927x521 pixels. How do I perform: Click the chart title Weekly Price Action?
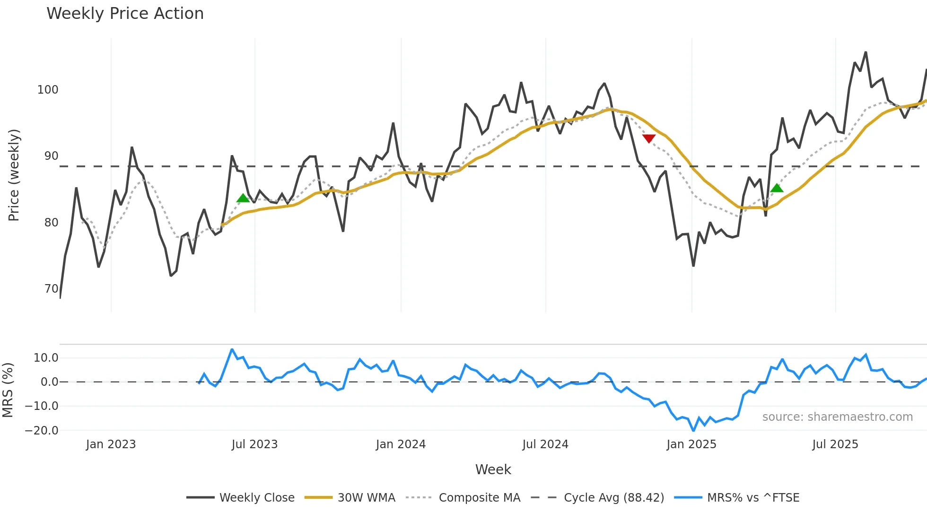point(125,14)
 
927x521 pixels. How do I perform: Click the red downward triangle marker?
point(649,138)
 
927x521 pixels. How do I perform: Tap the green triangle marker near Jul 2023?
point(243,198)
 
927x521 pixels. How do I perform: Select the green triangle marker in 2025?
point(777,188)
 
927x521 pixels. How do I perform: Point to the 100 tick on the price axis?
point(48,90)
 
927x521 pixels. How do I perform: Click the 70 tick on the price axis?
point(51,289)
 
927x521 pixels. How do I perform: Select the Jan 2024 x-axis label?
point(401,444)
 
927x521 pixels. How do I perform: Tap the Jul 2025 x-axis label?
point(835,444)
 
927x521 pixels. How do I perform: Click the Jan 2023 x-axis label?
point(111,444)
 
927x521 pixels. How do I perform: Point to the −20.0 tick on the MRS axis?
point(42,431)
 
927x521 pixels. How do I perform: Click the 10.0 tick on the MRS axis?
point(46,358)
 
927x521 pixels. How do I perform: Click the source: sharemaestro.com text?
point(837,417)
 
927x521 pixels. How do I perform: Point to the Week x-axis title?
point(493,469)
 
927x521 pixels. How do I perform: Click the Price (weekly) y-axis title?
point(14,175)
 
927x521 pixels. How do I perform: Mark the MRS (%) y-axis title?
point(8,390)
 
